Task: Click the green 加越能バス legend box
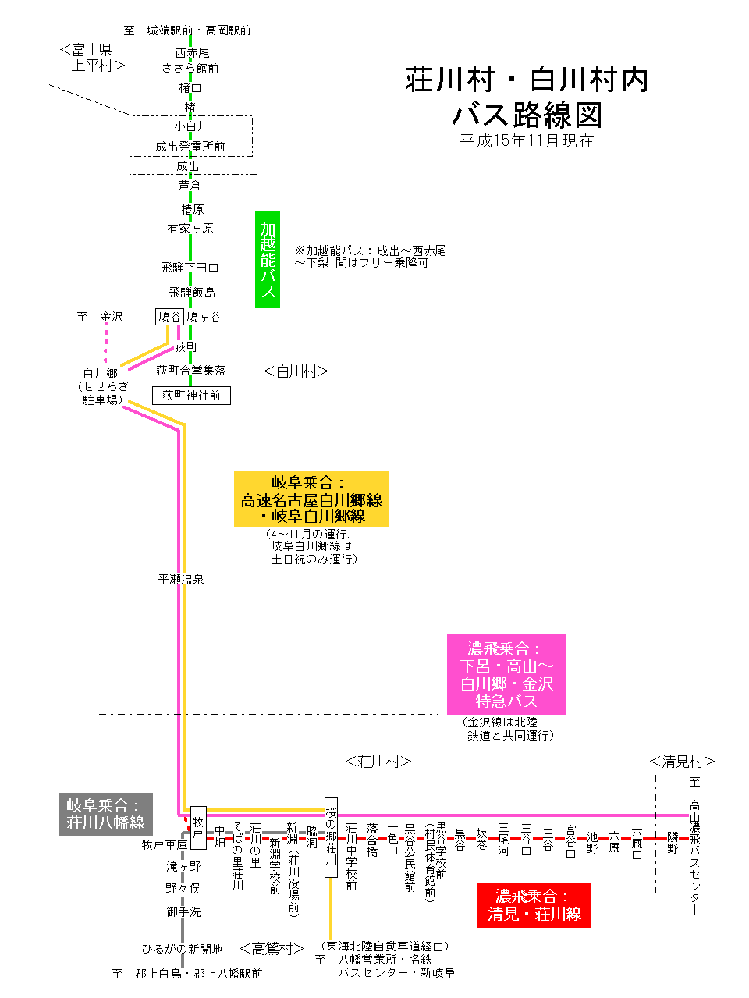coord(268,260)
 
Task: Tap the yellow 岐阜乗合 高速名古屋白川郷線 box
coord(311,499)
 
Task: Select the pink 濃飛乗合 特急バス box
coord(506,674)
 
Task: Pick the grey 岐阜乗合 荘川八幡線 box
coord(105,815)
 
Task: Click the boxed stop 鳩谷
coord(169,317)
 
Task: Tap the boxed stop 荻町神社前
coord(191,396)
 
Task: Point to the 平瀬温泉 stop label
coord(180,579)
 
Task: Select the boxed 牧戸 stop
coord(198,827)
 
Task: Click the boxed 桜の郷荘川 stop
coord(331,837)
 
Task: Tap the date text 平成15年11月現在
coord(527,140)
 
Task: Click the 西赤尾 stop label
coord(192,53)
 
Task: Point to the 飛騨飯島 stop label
coord(192,292)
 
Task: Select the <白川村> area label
coord(296,371)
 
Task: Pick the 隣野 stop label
coord(673,843)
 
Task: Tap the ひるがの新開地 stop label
coord(182,949)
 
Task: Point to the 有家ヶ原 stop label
coord(190,229)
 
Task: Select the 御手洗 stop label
coord(183,911)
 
